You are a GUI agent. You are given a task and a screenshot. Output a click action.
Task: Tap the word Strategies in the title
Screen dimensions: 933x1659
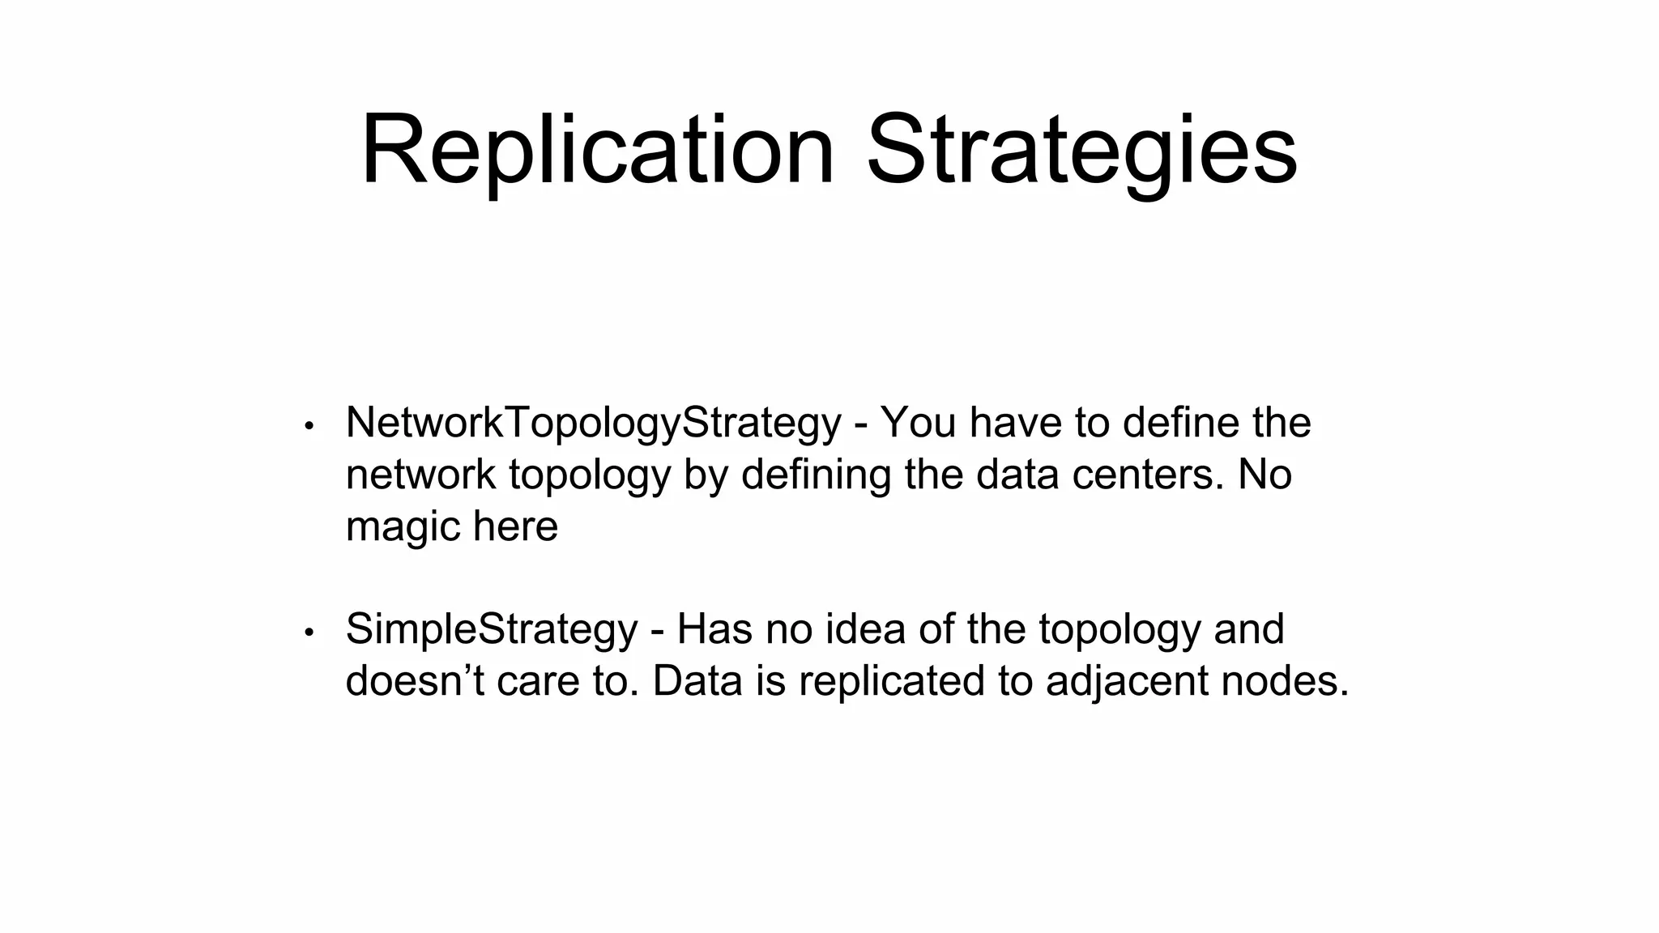1081,151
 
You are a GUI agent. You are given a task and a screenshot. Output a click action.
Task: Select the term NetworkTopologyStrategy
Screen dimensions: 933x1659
593,423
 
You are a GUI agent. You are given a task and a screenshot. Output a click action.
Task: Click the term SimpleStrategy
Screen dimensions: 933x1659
492,629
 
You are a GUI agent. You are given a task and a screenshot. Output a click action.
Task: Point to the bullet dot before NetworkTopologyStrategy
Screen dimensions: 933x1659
309,426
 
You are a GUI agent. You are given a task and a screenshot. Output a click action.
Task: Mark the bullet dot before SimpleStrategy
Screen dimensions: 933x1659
309,633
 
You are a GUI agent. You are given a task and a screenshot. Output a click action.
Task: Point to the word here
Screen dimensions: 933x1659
515,526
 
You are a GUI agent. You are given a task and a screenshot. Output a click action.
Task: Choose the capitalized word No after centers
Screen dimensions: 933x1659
1265,475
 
